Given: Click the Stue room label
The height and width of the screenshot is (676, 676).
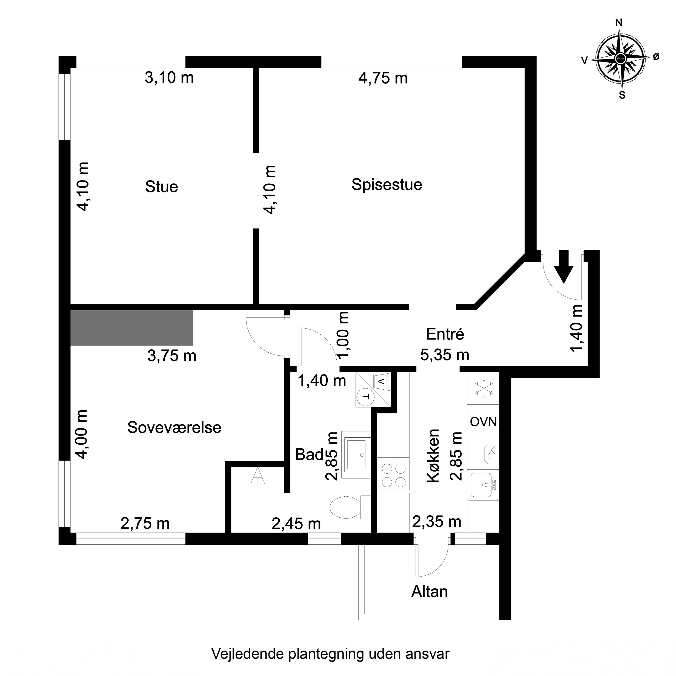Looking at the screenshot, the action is (162, 187).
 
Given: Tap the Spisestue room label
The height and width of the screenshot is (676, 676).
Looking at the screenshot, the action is (387, 185).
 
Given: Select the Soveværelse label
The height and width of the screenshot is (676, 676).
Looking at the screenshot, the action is (174, 428).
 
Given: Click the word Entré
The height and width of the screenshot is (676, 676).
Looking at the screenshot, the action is (445, 334).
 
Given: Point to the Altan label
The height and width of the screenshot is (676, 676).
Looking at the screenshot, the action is (429, 592).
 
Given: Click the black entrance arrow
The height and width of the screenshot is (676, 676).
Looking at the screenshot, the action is (563, 266).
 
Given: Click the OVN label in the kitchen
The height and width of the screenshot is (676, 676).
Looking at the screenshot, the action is (483, 422).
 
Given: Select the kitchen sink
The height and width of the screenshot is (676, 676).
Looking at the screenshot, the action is (483, 485).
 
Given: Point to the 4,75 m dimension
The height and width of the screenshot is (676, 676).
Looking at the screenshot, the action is (383, 78).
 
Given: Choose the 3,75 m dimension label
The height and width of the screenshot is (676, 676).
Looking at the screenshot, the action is (172, 356).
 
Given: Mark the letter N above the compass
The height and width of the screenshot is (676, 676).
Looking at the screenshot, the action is (619, 23).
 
